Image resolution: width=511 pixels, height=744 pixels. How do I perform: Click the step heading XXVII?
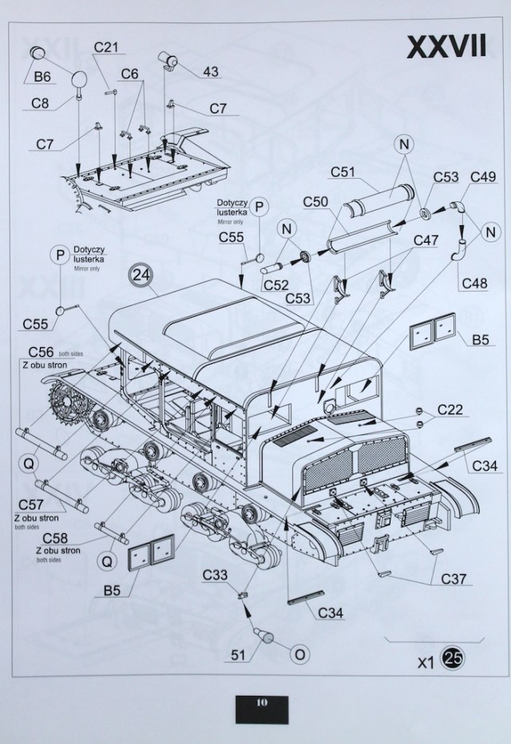tap(446, 46)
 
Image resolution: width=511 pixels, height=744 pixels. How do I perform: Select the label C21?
tap(105, 47)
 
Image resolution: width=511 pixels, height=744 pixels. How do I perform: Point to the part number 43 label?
tap(211, 72)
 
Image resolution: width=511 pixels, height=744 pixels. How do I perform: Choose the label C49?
tap(485, 176)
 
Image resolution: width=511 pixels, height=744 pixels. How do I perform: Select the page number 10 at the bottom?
tap(261, 702)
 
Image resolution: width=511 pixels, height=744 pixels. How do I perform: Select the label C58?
tap(57, 539)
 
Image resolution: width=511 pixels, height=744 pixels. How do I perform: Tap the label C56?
tap(41, 352)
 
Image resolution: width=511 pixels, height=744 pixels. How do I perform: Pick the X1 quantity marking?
tap(426, 662)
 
